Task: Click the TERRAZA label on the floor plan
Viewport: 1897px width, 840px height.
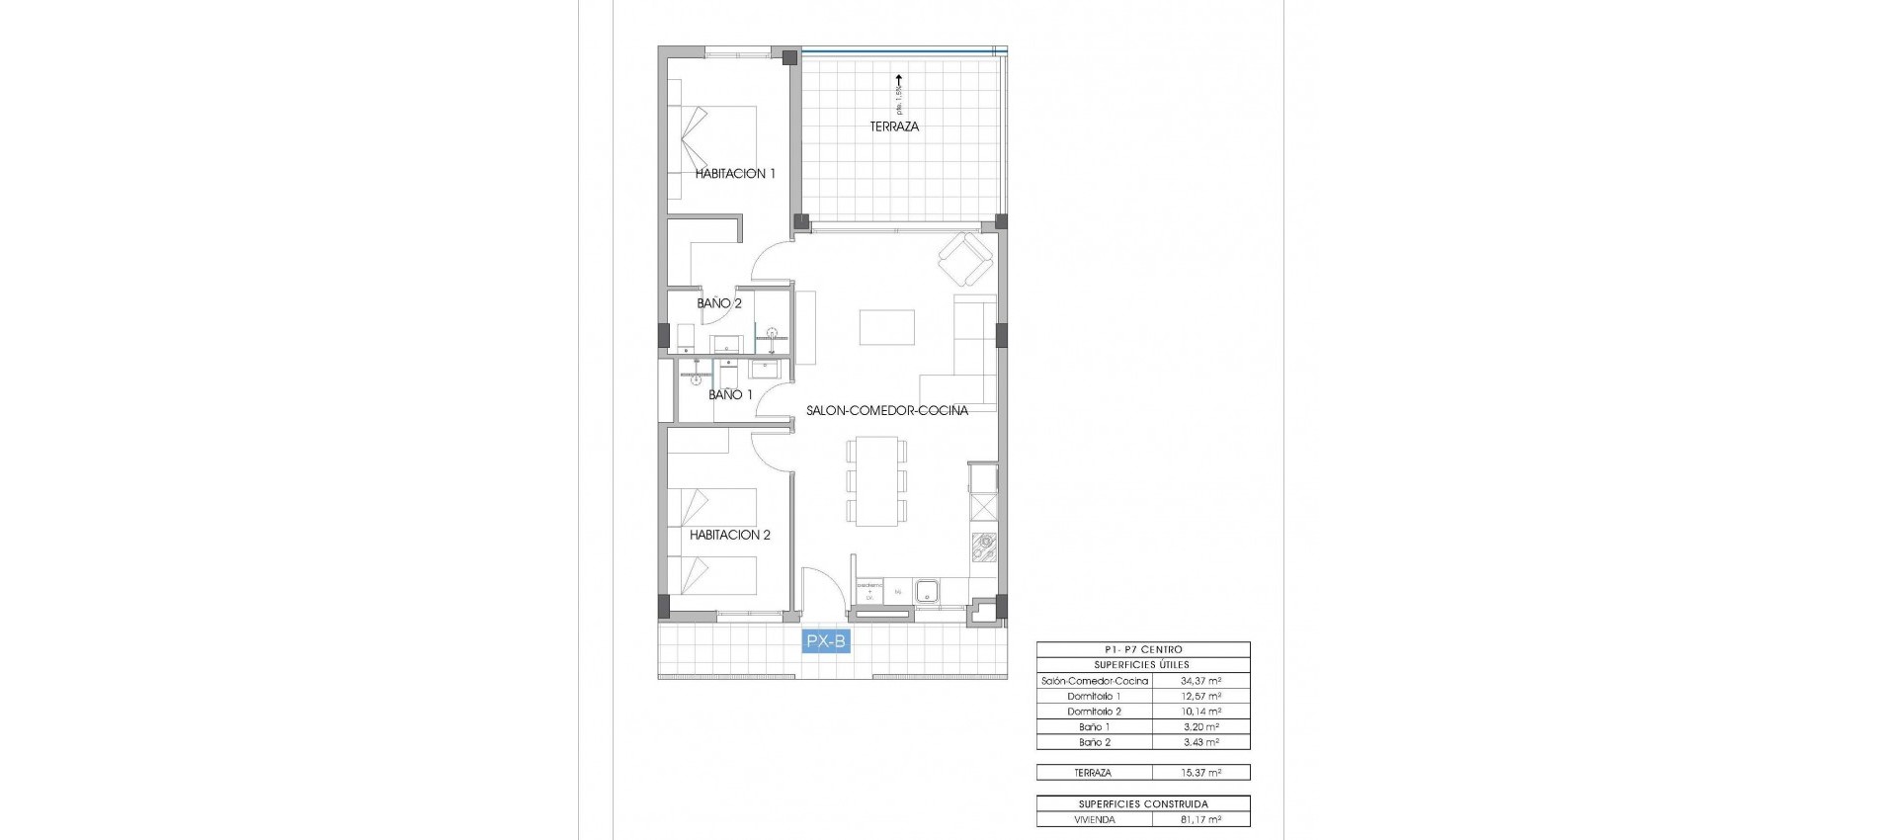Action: pyautogui.click(x=894, y=126)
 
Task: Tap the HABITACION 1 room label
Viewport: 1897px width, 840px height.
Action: pyautogui.click(x=735, y=174)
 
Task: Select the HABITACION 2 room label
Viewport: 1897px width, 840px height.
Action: pyautogui.click(x=730, y=535)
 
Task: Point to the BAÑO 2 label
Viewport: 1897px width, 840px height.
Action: pyautogui.click(x=719, y=303)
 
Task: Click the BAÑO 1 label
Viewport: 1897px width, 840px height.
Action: pyautogui.click(x=730, y=394)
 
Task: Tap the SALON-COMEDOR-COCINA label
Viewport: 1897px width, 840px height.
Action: pyautogui.click(x=886, y=410)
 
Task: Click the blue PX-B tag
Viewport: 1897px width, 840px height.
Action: pyautogui.click(x=826, y=641)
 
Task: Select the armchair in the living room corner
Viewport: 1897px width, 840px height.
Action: pyautogui.click(x=965, y=259)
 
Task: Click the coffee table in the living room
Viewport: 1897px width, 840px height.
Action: pyautogui.click(x=886, y=327)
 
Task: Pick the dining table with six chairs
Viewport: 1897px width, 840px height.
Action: pyautogui.click(x=876, y=481)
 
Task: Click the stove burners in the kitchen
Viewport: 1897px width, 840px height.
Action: pyautogui.click(x=984, y=547)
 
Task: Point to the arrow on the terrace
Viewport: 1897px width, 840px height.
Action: pyautogui.click(x=898, y=83)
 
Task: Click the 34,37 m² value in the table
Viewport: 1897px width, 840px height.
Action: pyautogui.click(x=1200, y=681)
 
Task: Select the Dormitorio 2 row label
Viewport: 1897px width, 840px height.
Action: pyautogui.click(x=1094, y=712)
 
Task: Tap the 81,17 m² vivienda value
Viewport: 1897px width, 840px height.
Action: pyautogui.click(x=1200, y=819)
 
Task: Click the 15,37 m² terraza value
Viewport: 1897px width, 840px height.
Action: pyautogui.click(x=1200, y=773)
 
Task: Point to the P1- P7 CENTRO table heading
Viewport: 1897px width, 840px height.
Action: pyautogui.click(x=1143, y=649)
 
